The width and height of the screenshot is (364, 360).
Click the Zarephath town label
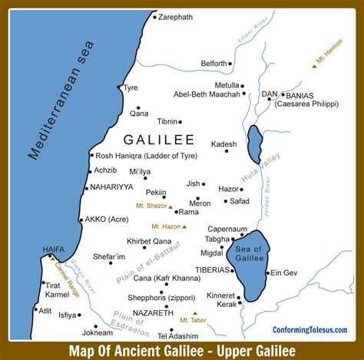(177, 16)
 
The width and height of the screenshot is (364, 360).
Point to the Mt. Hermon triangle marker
(314, 67)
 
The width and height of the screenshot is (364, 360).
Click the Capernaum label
(227, 229)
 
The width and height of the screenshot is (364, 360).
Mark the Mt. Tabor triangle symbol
(195, 313)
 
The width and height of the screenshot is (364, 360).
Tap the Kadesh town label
(224, 144)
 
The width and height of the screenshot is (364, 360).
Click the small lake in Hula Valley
(254, 144)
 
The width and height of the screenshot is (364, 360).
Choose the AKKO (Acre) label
(107, 219)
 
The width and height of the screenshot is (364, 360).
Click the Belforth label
(214, 63)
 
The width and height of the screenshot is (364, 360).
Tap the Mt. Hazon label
(165, 226)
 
